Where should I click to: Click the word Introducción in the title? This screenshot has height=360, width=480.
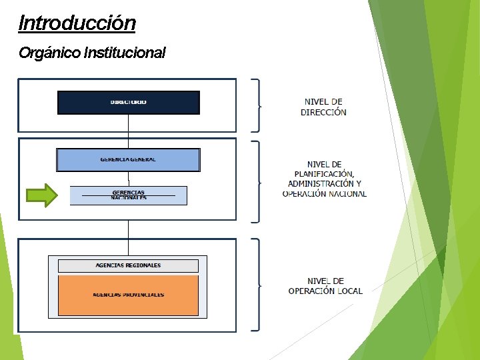pos(77,23)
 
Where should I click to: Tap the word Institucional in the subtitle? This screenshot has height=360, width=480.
pos(125,52)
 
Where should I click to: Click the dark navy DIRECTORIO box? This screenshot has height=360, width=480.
pos(129,103)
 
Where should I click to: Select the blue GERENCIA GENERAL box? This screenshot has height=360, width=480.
pos(128,160)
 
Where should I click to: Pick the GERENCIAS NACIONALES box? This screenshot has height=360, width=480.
pos(129,195)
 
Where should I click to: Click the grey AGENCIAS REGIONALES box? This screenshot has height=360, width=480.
pos(128,265)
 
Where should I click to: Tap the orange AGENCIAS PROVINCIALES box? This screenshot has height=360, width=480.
pos(128,295)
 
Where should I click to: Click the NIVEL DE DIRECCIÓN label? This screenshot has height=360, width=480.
pos(323,107)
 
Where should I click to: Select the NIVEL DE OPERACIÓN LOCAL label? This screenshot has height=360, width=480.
pos(325,286)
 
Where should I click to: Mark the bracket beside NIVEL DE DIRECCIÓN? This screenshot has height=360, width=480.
pos(257,105)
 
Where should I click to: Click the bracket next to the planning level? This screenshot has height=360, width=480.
pos(257,181)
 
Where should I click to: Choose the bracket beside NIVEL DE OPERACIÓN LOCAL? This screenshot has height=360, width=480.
pos(257,285)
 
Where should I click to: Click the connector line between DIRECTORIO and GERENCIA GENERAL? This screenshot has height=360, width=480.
pos(128,131)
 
